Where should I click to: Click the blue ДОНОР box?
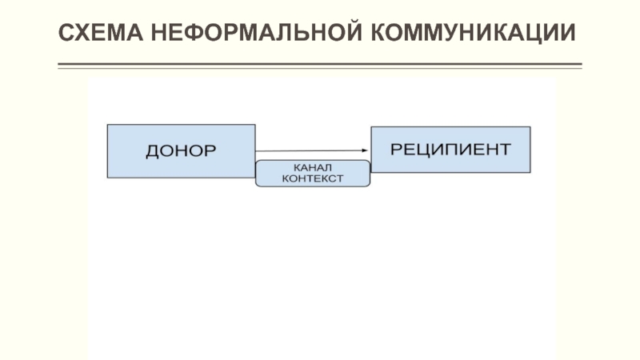[x=181, y=150]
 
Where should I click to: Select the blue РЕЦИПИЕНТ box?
[x=450, y=149]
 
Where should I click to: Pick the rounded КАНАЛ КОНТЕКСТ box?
[x=313, y=174]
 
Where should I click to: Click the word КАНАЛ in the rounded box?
[x=313, y=167]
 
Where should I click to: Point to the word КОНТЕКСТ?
[x=313, y=179]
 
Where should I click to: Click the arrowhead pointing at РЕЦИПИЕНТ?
[x=364, y=151]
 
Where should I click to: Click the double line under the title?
[x=320, y=66]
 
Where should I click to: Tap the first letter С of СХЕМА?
[x=67, y=33]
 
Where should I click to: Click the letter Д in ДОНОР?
[x=152, y=150]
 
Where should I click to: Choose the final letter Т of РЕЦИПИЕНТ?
[x=503, y=149]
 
